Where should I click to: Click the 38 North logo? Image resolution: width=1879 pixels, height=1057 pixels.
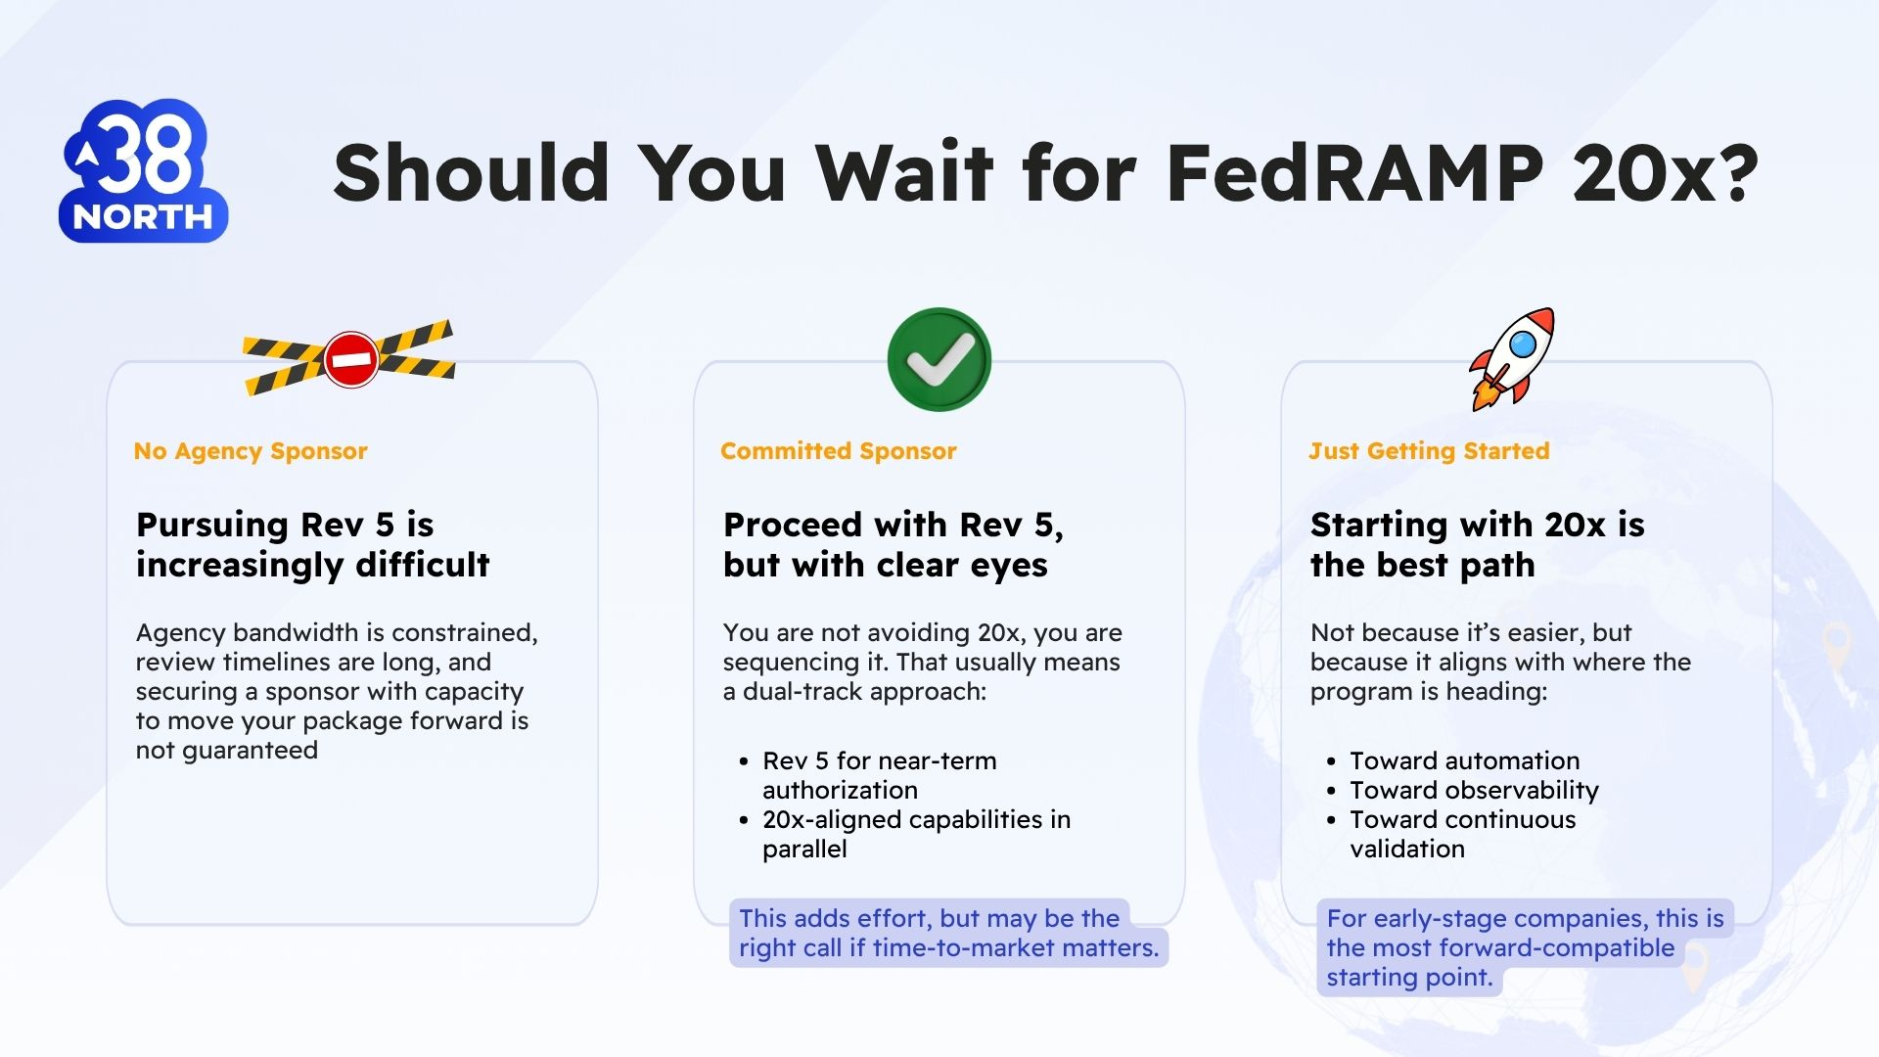(x=144, y=170)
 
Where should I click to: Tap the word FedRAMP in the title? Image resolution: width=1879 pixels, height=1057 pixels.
(x=1355, y=172)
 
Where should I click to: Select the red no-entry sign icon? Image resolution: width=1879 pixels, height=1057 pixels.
(x=351, y=359)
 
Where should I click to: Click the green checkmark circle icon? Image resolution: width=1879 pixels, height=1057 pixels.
(x=939, y=359)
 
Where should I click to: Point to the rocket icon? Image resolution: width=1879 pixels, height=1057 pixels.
(x=1512, y=359)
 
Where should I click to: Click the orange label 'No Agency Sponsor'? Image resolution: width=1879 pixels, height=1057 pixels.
(x=251, y=451)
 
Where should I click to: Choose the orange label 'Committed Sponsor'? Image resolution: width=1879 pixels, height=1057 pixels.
(x=839, y=451)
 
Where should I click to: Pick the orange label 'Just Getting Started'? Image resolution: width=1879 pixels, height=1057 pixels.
(x=1429, y=451)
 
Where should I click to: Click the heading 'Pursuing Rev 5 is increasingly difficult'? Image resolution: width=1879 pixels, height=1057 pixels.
(x=313, y=544)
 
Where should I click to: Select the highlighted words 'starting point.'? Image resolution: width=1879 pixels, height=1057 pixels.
(x=1409, y=977)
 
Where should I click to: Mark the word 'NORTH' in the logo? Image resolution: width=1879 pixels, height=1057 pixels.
(x=143, y=217)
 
